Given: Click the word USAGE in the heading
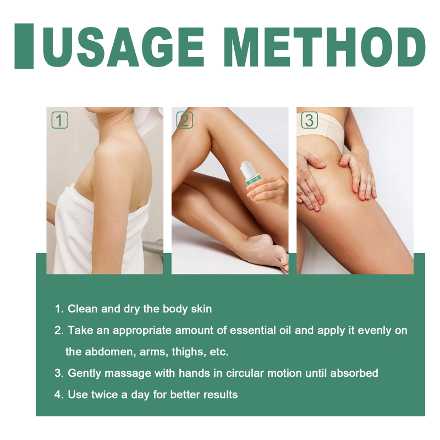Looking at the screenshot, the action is [x=123, y=47].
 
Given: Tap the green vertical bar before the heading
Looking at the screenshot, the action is [x=24, y=46].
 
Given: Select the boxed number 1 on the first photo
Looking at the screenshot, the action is [x=60, y=120].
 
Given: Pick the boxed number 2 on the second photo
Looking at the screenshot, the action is [x=185, y=120].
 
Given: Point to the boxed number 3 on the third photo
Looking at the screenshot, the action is [x=310, y=120].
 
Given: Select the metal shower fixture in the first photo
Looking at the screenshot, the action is [x=153, y=250].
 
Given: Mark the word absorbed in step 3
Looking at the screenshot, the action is [x=354, y=373].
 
